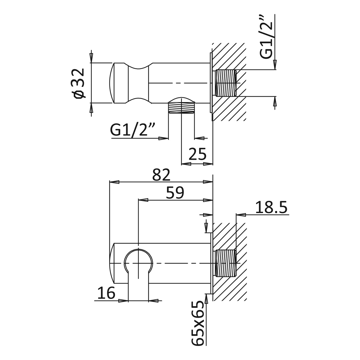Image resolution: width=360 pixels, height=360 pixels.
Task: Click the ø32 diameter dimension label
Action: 79,83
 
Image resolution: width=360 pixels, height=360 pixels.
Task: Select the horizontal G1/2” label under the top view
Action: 133,130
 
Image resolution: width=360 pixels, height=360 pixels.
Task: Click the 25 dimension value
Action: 198,155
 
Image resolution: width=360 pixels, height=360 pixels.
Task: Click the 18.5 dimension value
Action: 271,208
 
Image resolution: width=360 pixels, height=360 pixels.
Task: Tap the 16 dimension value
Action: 106,293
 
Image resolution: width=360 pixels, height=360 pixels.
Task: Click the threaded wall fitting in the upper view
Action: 226,83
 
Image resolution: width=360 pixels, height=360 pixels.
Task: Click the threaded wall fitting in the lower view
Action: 226,263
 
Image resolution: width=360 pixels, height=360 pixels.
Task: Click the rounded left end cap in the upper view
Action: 112,83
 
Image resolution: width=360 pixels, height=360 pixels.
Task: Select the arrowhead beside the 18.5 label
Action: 241,215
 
